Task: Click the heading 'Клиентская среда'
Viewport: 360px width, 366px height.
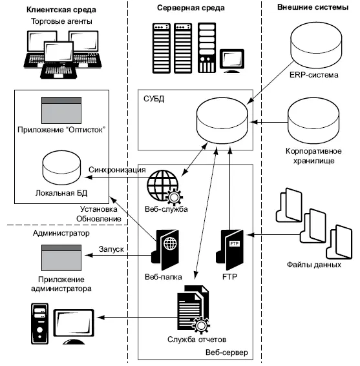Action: click(61, 10)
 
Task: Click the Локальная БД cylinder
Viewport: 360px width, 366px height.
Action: click(61, 168)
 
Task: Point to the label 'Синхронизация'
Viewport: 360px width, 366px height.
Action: click(117, 170)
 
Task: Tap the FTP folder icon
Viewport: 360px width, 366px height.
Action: click(229, 250)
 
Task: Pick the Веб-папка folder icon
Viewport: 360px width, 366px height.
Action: click(165, 250)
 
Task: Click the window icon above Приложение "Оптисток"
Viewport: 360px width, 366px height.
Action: click(61, 110)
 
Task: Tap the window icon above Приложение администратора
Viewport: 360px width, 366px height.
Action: click(61, 258)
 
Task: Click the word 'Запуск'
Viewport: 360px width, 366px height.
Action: click(111, 249)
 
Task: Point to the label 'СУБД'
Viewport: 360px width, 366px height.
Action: click(154, 99)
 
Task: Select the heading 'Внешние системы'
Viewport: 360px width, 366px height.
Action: click(313, 7)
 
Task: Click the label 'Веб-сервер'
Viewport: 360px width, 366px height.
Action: click(227, 352)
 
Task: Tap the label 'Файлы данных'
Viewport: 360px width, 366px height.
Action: click(314, 265)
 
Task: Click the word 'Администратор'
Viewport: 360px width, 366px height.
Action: click(61, 233)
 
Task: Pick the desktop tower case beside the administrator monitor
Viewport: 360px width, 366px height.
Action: click(39, 324)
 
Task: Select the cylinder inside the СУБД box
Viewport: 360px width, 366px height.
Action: click(222, 121)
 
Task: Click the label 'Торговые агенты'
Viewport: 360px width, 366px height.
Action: click(61, 21)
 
